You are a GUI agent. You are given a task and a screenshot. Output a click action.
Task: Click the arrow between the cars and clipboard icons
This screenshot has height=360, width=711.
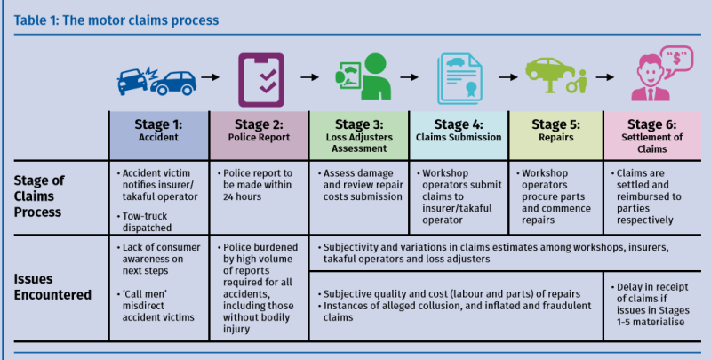click(210, 77)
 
